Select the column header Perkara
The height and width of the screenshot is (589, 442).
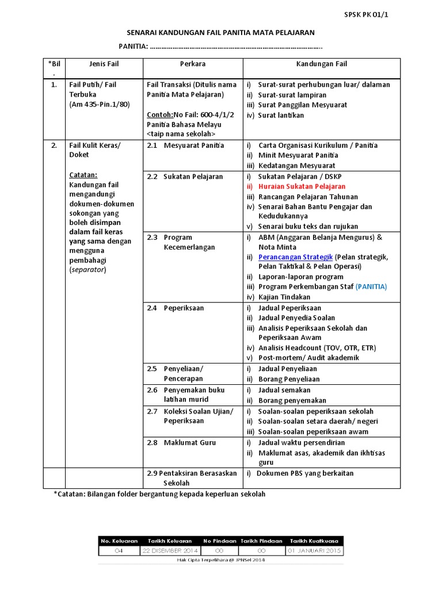click(192, 64)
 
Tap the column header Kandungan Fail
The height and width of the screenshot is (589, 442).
click(321, 64)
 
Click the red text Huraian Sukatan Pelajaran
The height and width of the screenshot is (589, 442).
click(302, 186)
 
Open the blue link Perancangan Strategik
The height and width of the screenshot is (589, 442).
click(295, 257)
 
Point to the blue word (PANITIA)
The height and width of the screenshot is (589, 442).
click(371, 286)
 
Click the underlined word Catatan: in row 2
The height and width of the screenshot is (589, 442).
click(83, 174)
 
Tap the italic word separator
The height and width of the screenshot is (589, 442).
click(88, 269)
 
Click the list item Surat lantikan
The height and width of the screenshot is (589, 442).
click(281, 115)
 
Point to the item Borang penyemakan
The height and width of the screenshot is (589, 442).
click(292, 400)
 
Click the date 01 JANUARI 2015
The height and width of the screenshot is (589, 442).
click(314, 550)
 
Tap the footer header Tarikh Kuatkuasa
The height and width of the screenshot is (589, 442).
click(314, 541)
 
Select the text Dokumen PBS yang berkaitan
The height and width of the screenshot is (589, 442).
click(305, 473)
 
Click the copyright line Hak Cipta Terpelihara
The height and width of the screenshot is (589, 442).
click(221, 560)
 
